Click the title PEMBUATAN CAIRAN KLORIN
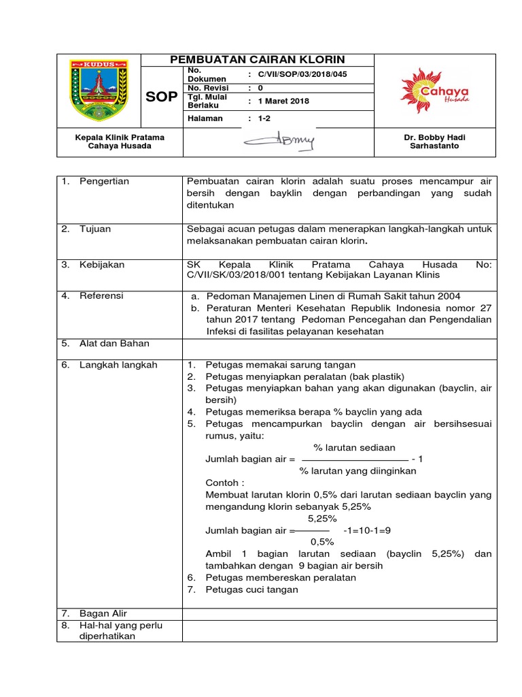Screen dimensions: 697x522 pyautogui.click(x=258, y=59)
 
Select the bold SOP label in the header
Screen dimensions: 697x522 pyautogui.click(x=162, y=97)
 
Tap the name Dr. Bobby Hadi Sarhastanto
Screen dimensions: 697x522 pyautogui.click(x=434, y=142)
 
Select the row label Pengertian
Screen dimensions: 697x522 pyautogui.click(x=104, y=182)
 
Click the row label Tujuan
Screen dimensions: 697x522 pyautogui.click(x=95, y=229)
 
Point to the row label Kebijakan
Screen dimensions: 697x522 pyautogui.click(x=102, y=265)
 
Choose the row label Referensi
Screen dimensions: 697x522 pyautogui.click(x=101, y=296)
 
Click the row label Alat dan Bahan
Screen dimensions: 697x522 pyautogui.click(x=114, y=344)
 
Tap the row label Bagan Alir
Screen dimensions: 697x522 pyautogui.click(x=103, y=613)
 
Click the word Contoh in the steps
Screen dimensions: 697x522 pyautogui.click(x=221, y=483)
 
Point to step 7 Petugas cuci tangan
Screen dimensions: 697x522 pyautogui.click(x=251, y=589)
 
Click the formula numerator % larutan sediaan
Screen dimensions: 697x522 pyautogui.click(x=353, y=448)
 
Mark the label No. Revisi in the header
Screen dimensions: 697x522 pyautogui.click(x=208, y=88)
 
